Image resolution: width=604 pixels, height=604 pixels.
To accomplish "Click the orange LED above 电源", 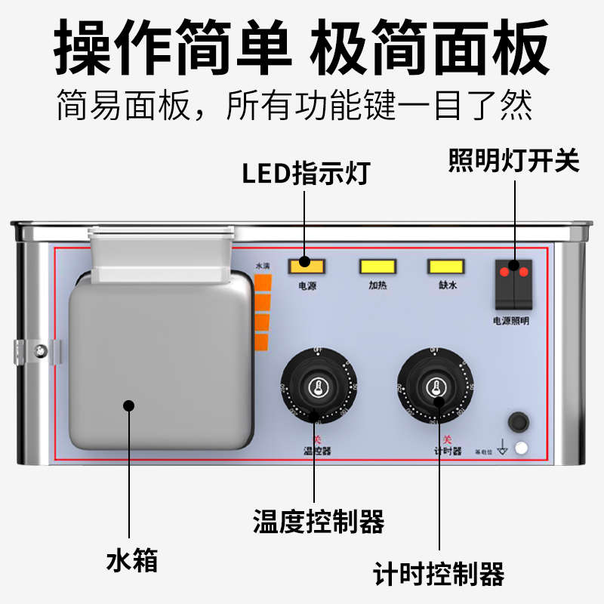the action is click(x=305, y=266).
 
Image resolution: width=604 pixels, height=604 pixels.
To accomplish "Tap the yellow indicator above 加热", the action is click(x=377, y=266).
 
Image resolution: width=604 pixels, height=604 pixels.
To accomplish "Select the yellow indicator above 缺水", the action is click(x=446, y=266).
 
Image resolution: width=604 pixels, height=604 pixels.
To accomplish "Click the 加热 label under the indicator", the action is click(x=377, y=286).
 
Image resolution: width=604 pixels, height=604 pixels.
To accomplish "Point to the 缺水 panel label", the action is click(x=447, y=286).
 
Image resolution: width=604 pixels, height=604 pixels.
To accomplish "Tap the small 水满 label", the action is click(x=262, y=267).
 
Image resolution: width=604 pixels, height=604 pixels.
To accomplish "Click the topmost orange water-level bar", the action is click(x=262, y=283).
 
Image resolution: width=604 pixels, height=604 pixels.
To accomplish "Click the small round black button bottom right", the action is click(x=518, y=421).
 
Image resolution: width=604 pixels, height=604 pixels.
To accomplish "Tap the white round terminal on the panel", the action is click(x=521, y=448).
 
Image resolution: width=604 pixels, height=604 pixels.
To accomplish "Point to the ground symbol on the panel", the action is click(x=502, y=450).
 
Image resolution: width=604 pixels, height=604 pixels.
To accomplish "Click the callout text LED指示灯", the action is click(x=305, y=174).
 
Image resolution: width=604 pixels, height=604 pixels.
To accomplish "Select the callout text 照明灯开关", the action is click(x=513, y=160).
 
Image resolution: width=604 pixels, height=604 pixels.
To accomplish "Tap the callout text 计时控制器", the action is click(x=439, y=575).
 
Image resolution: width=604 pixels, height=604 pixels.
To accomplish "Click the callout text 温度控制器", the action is click(x=318, y=521).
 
